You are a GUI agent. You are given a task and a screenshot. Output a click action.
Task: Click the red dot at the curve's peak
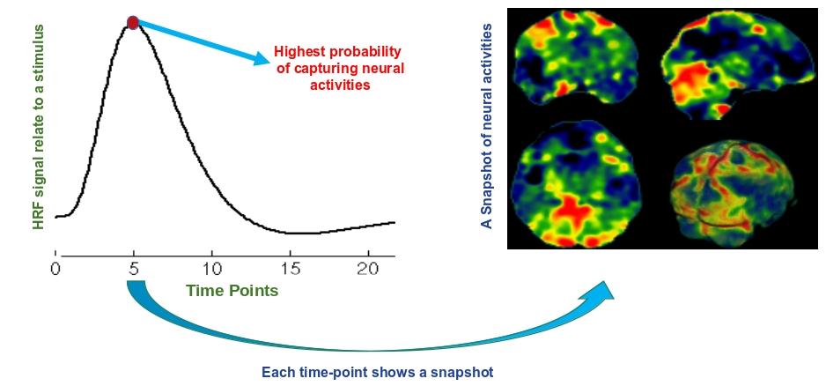point(133,23)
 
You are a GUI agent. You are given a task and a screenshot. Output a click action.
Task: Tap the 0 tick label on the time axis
point(55,269)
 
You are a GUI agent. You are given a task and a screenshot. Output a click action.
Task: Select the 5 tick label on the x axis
point(134,269)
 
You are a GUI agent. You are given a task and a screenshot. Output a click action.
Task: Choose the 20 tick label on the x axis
point(368,269)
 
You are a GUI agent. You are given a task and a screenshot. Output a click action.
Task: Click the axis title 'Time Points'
point(232,291)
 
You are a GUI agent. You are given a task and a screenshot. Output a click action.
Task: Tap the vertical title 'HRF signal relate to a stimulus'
point(39,127)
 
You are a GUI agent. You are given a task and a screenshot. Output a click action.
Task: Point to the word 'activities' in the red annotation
point(339,85)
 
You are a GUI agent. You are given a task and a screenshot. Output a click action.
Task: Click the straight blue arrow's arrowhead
point(261,56)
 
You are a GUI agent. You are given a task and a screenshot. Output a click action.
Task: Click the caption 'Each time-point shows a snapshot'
point(377,372)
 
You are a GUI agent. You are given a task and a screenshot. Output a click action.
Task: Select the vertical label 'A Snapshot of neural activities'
point(487,126)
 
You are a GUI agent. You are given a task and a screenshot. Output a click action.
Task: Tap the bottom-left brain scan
point(576,184)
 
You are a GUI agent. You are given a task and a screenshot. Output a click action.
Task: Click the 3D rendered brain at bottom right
point(734,192)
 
